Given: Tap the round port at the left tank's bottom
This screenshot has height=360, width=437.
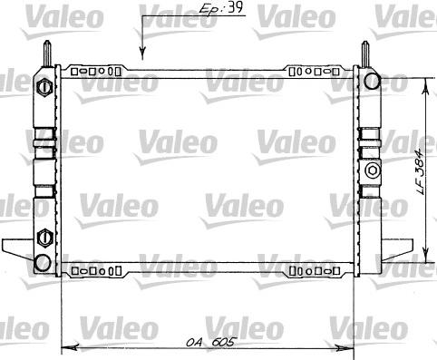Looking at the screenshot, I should tap(42, 262).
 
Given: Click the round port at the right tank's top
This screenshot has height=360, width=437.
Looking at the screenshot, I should tap(371, 83).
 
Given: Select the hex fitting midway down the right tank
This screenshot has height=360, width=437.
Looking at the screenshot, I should tap(370, 170).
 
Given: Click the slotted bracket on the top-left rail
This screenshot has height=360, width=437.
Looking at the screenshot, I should tap(96, 69).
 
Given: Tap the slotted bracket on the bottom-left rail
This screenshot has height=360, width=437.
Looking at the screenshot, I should tap(96, 269).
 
